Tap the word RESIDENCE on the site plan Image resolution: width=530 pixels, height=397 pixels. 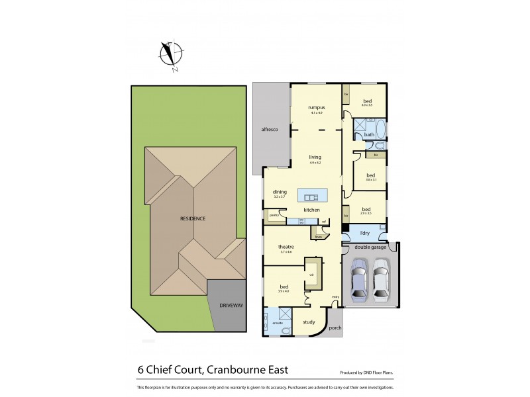193,218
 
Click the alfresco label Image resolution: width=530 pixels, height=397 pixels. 268,130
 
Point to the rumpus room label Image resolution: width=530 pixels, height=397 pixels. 315,107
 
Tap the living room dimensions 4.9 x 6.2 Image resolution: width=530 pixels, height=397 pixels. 315,163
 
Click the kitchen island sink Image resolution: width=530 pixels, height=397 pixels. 310,196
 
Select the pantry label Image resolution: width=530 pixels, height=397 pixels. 272,214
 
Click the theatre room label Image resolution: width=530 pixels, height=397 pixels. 286,247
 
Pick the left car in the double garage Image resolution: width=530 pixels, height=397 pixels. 358,279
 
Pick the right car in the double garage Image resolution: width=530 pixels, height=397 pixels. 381,279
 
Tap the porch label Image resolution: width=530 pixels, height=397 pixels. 335,327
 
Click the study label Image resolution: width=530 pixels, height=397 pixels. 309,322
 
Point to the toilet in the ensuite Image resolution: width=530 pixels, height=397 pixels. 286,330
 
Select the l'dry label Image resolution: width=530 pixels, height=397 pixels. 364,234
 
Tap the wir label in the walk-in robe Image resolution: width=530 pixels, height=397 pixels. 311,275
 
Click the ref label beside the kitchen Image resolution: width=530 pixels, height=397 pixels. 324,221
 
